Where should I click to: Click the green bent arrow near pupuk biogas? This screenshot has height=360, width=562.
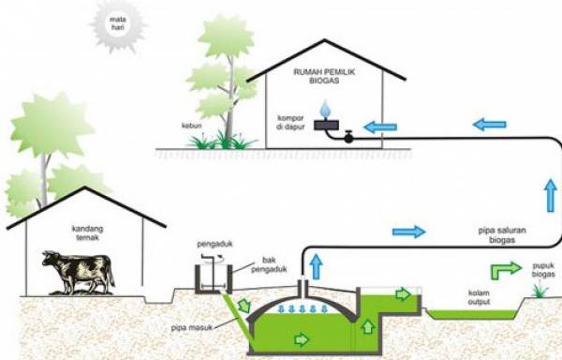[x=506, y=270]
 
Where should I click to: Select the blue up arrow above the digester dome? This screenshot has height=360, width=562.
[x=317, y=265]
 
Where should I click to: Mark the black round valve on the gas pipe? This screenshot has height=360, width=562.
[x=349, y=137]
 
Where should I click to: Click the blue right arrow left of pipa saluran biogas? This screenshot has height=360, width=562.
[x=408, y=231]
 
